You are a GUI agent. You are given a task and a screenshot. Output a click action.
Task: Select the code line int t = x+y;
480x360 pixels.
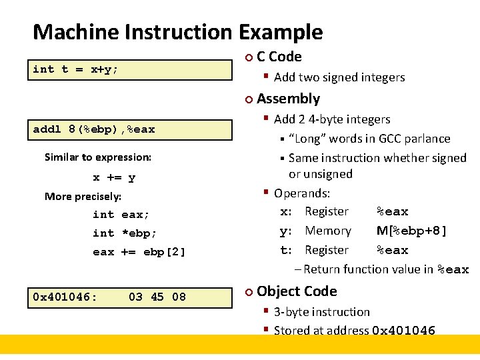tap(75, 69)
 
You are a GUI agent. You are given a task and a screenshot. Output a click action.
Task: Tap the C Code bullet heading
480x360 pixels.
tap(279, 57)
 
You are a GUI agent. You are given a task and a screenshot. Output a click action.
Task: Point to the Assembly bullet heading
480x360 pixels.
tap(288, 99)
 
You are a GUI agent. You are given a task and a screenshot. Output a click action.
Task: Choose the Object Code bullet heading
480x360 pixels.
tap(297, 291)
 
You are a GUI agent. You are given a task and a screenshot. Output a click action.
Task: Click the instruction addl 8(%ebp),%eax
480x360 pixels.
tap(93, 129)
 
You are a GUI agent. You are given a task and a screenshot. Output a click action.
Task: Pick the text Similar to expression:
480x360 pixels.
tap(98, 157)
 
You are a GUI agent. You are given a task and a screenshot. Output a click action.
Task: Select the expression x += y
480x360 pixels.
tap(114, 177)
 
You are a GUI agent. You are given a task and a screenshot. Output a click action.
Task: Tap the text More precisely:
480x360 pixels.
tap(83, 196)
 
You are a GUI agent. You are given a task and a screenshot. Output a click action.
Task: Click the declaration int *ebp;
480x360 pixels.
tap(125, 233)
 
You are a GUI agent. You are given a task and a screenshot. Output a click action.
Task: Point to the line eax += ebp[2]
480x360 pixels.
tap(139, 252)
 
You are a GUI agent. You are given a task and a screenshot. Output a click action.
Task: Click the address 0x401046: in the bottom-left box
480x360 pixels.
tap(65, 297)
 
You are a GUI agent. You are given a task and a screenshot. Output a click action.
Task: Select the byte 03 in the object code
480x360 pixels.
tap(136, 297)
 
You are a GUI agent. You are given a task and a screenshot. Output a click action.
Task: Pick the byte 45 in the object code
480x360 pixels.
tap(157, 297)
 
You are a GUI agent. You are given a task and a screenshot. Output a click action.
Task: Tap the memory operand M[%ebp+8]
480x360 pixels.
tap(411, 231)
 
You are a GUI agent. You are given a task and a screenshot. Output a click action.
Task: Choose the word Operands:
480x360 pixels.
tap(302, 193)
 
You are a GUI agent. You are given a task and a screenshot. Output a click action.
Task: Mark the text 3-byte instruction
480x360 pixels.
tap(321, 312)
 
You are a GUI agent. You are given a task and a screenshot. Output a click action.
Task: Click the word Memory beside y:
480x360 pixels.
tap(328, 231)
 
